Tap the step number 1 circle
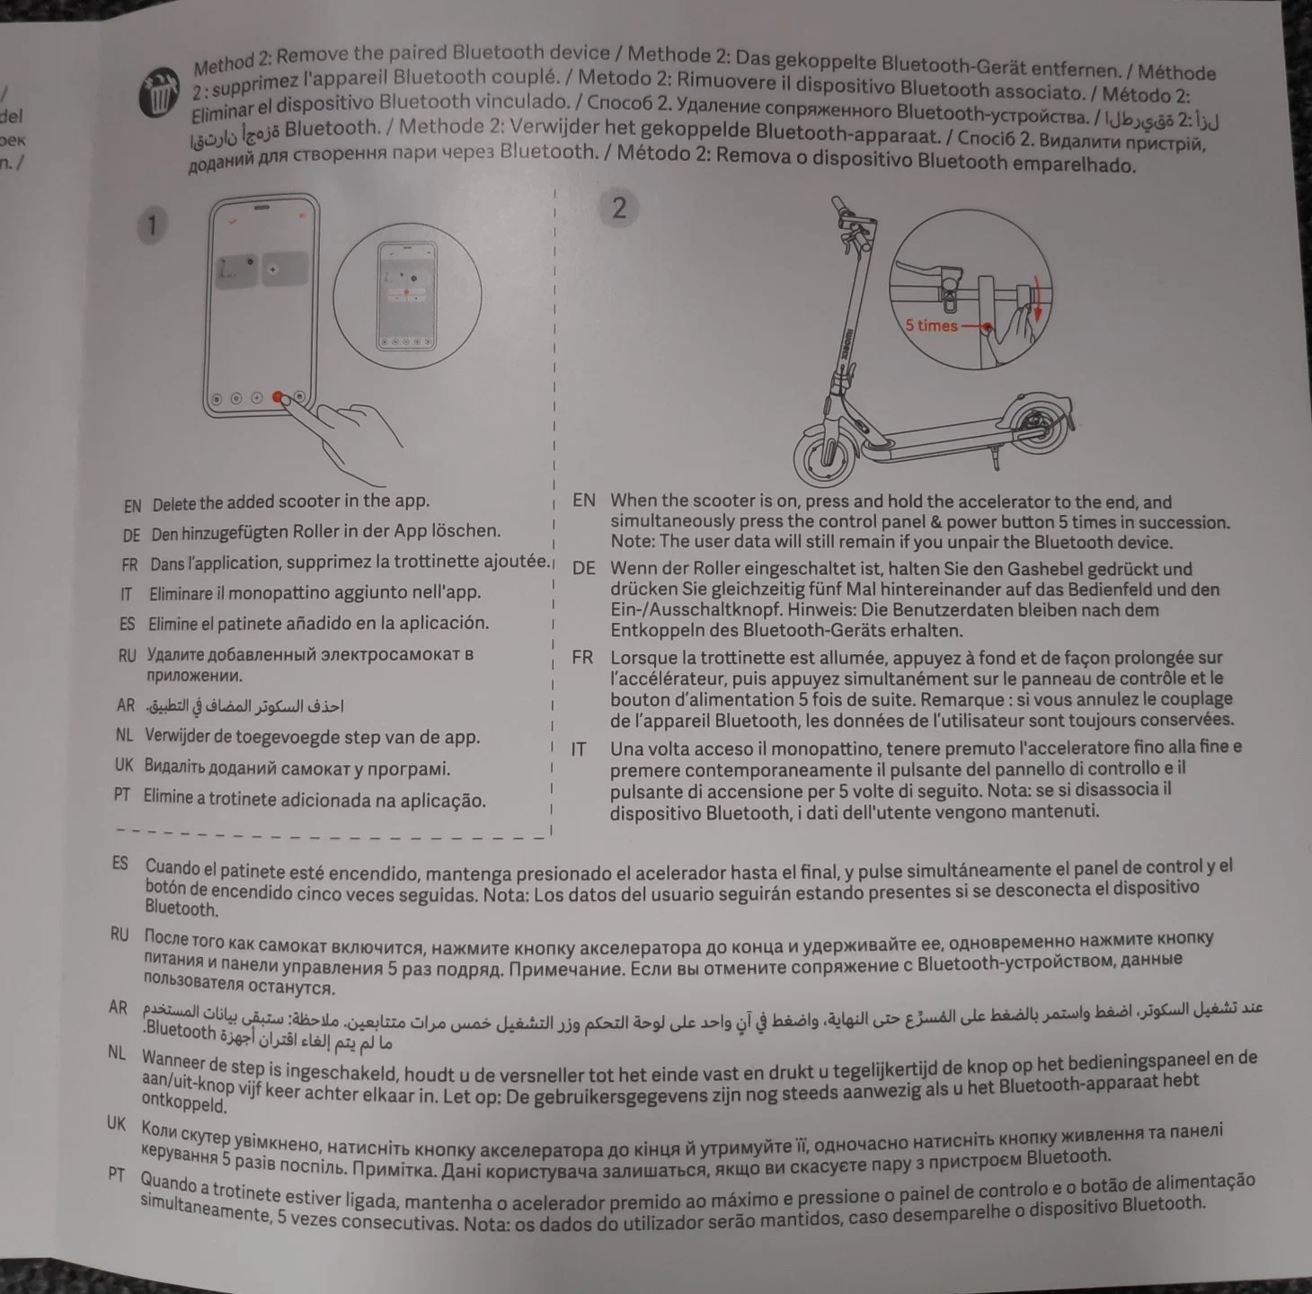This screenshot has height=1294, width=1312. pos(152,226)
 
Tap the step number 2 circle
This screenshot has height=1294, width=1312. pos(618,208)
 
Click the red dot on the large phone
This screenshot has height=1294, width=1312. pos(278,396)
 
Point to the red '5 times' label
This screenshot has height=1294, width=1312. pos(931,325)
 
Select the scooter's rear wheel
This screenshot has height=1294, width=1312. pos(1039,430)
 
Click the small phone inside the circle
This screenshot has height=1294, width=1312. pos(407,297)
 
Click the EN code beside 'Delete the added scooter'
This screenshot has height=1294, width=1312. pos(132,506)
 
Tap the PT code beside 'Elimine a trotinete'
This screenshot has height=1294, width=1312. pos(122,794)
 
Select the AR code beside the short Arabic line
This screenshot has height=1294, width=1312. pos(125,705)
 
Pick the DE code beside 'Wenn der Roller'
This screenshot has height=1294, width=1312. pos(583,568)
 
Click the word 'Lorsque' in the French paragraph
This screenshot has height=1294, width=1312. pos(639,659)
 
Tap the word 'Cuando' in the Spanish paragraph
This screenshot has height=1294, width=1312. pos(173,867)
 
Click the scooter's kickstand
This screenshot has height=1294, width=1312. pos(995,456)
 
